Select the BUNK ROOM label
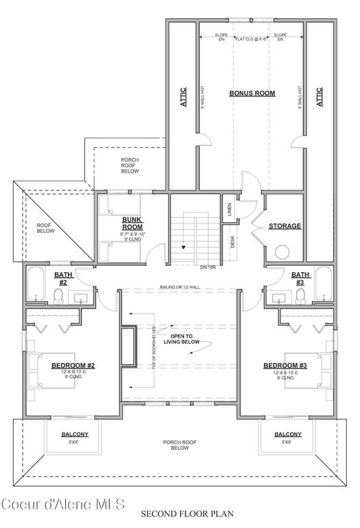pyautogui.click(x=132, y=223)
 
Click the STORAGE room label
pyautogui.click(x=284, y=225)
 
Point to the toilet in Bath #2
pyautogui.click(x=59, y=296)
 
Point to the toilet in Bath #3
pyautogui.click(x=300, y=296)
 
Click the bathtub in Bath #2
pyautogui.click(x=35, y=286)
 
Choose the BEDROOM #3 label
pyautogui.click(x=284, y=365)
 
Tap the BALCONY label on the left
pyautogui.click(x=74, y=434)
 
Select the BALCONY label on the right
pyautogui.click(x=287, y=434)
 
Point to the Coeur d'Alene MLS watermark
pyautogui.click(x=62, y=504)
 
